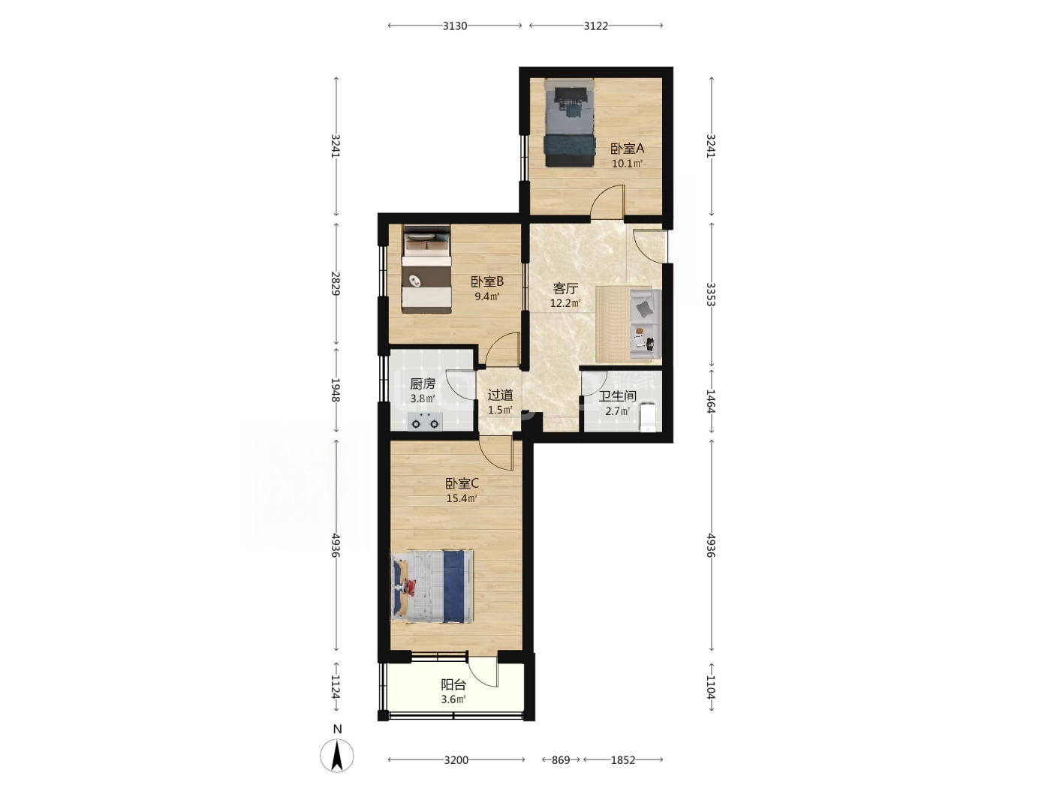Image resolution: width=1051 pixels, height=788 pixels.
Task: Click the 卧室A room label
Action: pos(627,149)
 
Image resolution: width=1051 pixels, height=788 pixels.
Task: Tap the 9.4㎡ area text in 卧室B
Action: pos(486,296)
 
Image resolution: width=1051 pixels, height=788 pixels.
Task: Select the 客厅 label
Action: pos(565,288)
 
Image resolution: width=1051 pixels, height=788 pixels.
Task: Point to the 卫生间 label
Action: pos(617,396)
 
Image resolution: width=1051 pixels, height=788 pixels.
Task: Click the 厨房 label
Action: pos(423,383)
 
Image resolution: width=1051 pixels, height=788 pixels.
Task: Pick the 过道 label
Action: pos(501,395)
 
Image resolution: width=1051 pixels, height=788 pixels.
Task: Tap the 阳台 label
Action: pos(453,684)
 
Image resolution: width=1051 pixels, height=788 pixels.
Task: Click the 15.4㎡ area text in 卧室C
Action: pos(461,498)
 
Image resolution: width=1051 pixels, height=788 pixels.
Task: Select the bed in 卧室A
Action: pos(569,123)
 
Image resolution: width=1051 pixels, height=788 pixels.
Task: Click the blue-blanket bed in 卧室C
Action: pos(432,587)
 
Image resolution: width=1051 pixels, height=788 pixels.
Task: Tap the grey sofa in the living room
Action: pos(644,324)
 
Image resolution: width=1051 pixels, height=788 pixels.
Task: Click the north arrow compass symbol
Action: pos(337,756)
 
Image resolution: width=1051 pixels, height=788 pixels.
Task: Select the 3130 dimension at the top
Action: pos(454,26)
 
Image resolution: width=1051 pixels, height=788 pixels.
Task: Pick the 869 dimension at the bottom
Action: pos(561,759)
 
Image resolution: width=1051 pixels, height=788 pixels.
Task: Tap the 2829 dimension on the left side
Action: pos(336,283)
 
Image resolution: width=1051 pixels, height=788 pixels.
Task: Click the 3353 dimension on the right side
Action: pos(711,294)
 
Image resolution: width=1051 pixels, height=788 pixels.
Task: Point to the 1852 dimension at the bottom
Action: pos(622,759)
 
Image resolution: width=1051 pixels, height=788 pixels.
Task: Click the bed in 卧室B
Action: pos(426,269)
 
